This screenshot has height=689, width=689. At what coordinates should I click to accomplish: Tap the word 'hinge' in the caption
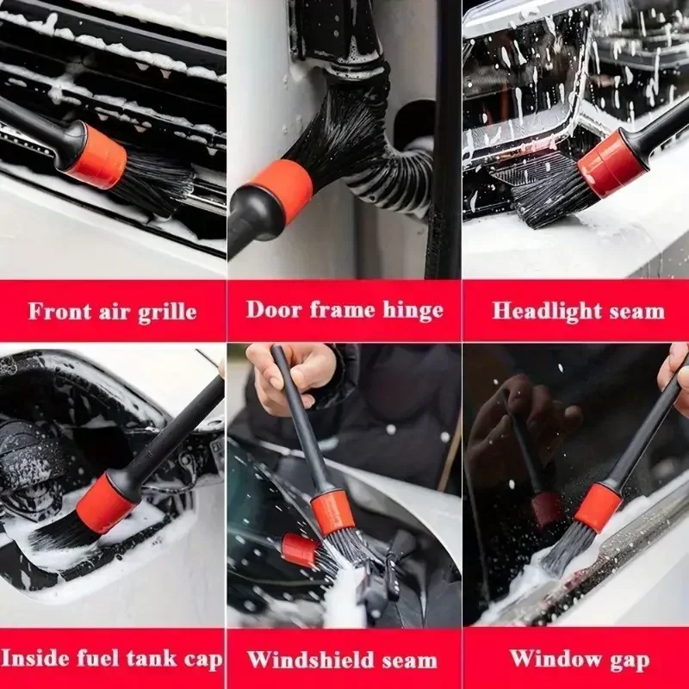tap(408, 308)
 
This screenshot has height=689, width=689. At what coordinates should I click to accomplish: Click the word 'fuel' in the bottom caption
tap(94, 659)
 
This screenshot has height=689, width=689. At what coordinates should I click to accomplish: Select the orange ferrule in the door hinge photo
tap(278, 191)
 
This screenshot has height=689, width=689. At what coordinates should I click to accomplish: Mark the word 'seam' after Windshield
tap(409, 660)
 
